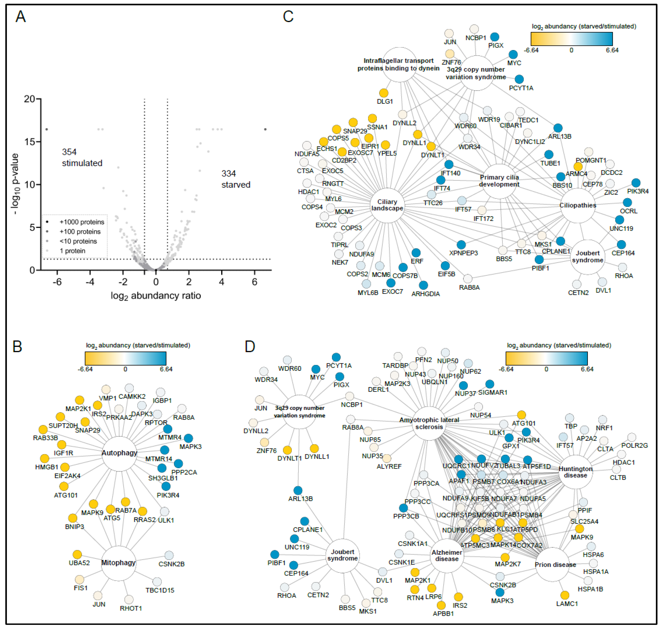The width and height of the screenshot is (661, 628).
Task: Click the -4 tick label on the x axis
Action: pyautogui.click(x=90, y=282)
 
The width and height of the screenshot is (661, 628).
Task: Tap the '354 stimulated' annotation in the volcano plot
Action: pyautogui.click(x=82, y=157)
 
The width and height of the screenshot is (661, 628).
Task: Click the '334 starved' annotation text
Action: pyautogui.click(x=235, y=179)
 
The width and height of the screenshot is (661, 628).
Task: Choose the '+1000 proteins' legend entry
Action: pyautogui.click(x=81, y=222)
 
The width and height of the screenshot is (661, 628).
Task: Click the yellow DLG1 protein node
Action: pyautogui.click(x=384, y=93)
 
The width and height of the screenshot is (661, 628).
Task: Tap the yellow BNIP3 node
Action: pyautogui.click(x=73, y=518)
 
